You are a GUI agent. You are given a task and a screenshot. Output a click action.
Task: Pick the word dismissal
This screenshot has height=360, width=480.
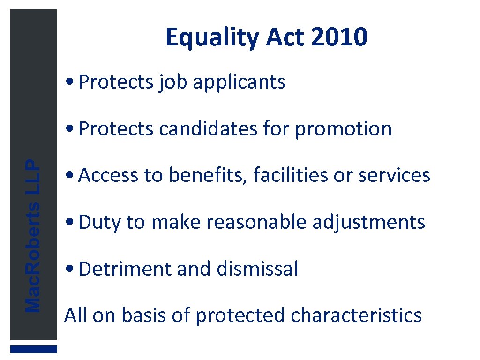(x=257, y=269)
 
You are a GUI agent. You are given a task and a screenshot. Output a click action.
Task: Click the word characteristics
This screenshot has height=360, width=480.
(x=356, y=315)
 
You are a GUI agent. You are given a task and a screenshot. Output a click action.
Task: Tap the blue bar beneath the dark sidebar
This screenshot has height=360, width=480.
(x=34, y=349)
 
